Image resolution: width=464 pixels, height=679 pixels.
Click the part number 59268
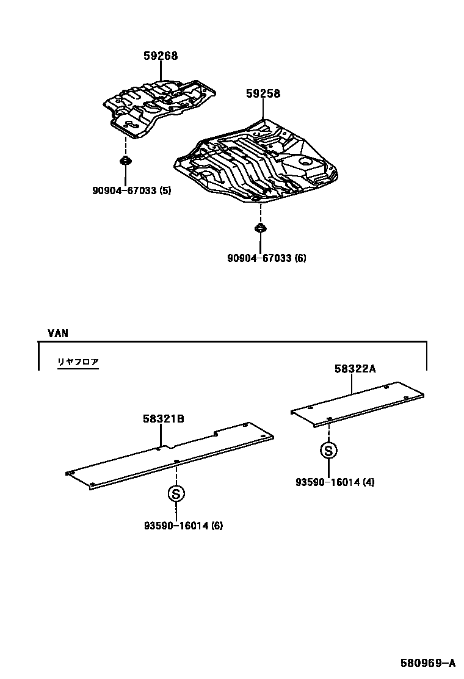pos(161,56)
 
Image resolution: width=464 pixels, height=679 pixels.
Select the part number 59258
pos(263,94)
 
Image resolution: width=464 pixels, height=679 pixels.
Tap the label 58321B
pos(164,419)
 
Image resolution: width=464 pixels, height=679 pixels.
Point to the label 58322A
pos(355,369)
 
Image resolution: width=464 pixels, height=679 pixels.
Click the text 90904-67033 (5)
pos(131,191)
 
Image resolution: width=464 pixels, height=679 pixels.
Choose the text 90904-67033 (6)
pos(267,258)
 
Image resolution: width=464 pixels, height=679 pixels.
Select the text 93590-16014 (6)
pos(183,525)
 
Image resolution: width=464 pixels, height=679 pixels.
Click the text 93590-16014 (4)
pos(335,482)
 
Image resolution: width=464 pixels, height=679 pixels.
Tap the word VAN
pos(58,333)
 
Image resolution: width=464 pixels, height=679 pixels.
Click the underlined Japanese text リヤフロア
pos(78,362)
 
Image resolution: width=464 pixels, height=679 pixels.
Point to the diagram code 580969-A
pos(428,663)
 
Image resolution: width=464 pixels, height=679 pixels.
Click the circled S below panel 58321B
pos(176,494)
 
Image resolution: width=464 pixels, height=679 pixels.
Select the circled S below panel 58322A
pos(328,451)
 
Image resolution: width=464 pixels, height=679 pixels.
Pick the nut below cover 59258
pos(260,230)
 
